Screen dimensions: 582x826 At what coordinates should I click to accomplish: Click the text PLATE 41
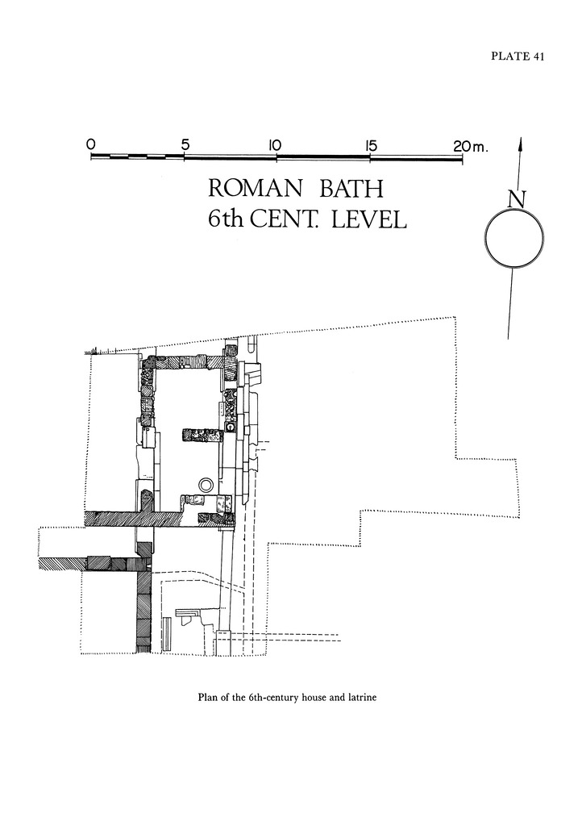(518, 56)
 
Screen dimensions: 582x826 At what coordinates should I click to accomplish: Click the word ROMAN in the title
(256, 188)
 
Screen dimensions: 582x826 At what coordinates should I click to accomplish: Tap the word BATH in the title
(351, 188)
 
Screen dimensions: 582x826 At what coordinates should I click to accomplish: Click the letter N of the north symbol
(518, 199)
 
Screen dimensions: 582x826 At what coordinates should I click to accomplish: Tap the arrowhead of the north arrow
(521, 144)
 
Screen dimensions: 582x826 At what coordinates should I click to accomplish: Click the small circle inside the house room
(206, 484)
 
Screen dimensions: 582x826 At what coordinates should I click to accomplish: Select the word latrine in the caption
(362, 698)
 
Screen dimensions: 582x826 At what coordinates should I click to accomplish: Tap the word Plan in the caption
(207, 698)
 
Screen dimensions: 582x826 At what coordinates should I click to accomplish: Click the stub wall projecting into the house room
(202, 435)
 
